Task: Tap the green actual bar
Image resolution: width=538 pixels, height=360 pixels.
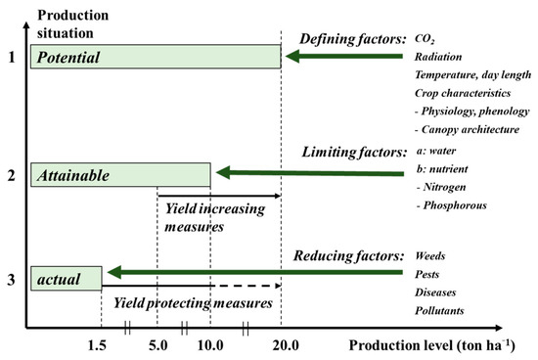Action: pos(65,277)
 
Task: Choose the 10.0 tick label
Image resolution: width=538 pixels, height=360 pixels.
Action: pos(209,345)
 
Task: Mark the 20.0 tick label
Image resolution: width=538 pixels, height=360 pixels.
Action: pos(286,345)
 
